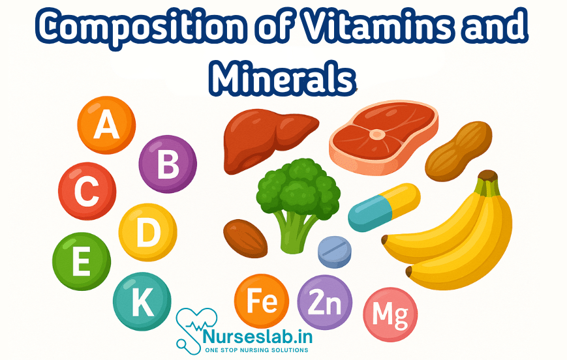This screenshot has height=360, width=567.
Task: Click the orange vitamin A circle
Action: click(106, 125)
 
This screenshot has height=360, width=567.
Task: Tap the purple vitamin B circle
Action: click(168, 164)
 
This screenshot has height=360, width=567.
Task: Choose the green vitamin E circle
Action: click(82, 262)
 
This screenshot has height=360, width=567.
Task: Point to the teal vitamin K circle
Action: click(142, 301)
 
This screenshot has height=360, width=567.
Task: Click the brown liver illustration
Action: click(264, 134)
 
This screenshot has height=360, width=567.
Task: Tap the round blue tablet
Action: click(334, 252)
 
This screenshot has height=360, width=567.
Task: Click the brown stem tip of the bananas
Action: click(487, 176)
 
